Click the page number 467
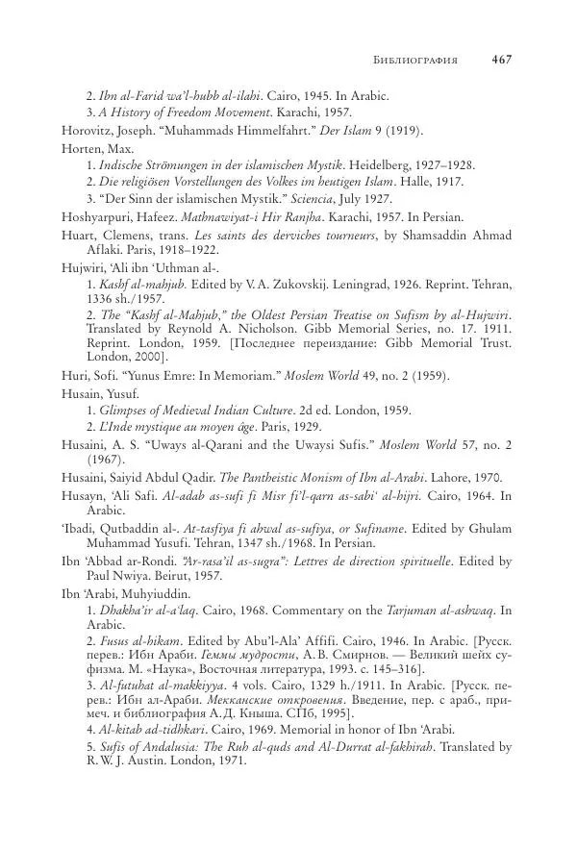[x=501, y=60]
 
